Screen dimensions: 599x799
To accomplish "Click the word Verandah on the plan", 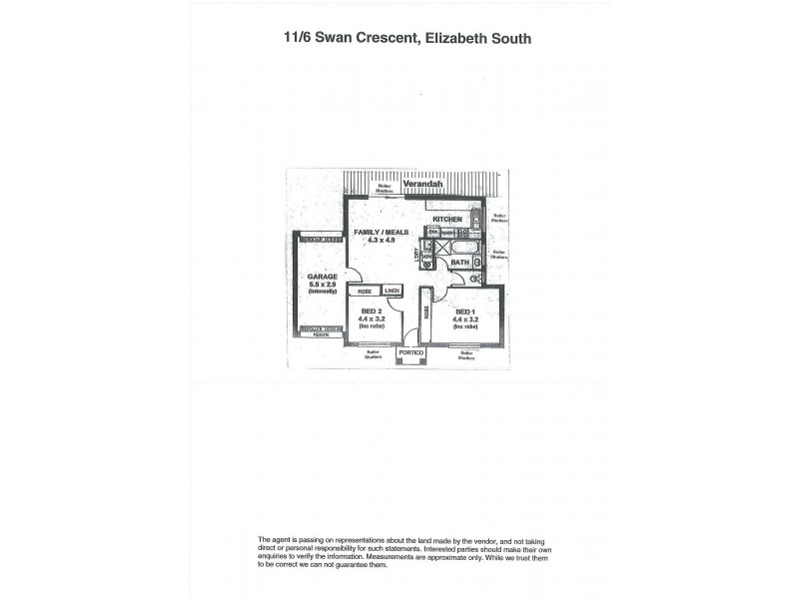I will [421, 185].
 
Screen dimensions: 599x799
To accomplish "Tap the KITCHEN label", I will [446, 219].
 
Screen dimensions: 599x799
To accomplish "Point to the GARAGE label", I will [321, 276].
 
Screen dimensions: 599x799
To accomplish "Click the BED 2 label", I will [372, 310].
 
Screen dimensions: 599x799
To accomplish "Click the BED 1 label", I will [465, 311].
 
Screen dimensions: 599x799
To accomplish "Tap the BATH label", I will [459, 263].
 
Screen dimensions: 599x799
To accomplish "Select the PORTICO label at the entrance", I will [410, 353].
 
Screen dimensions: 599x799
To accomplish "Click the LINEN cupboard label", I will [392, 292].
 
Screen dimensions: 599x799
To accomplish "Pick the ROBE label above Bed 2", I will [365, 292].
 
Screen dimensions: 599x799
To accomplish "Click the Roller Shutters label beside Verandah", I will [384, 187].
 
